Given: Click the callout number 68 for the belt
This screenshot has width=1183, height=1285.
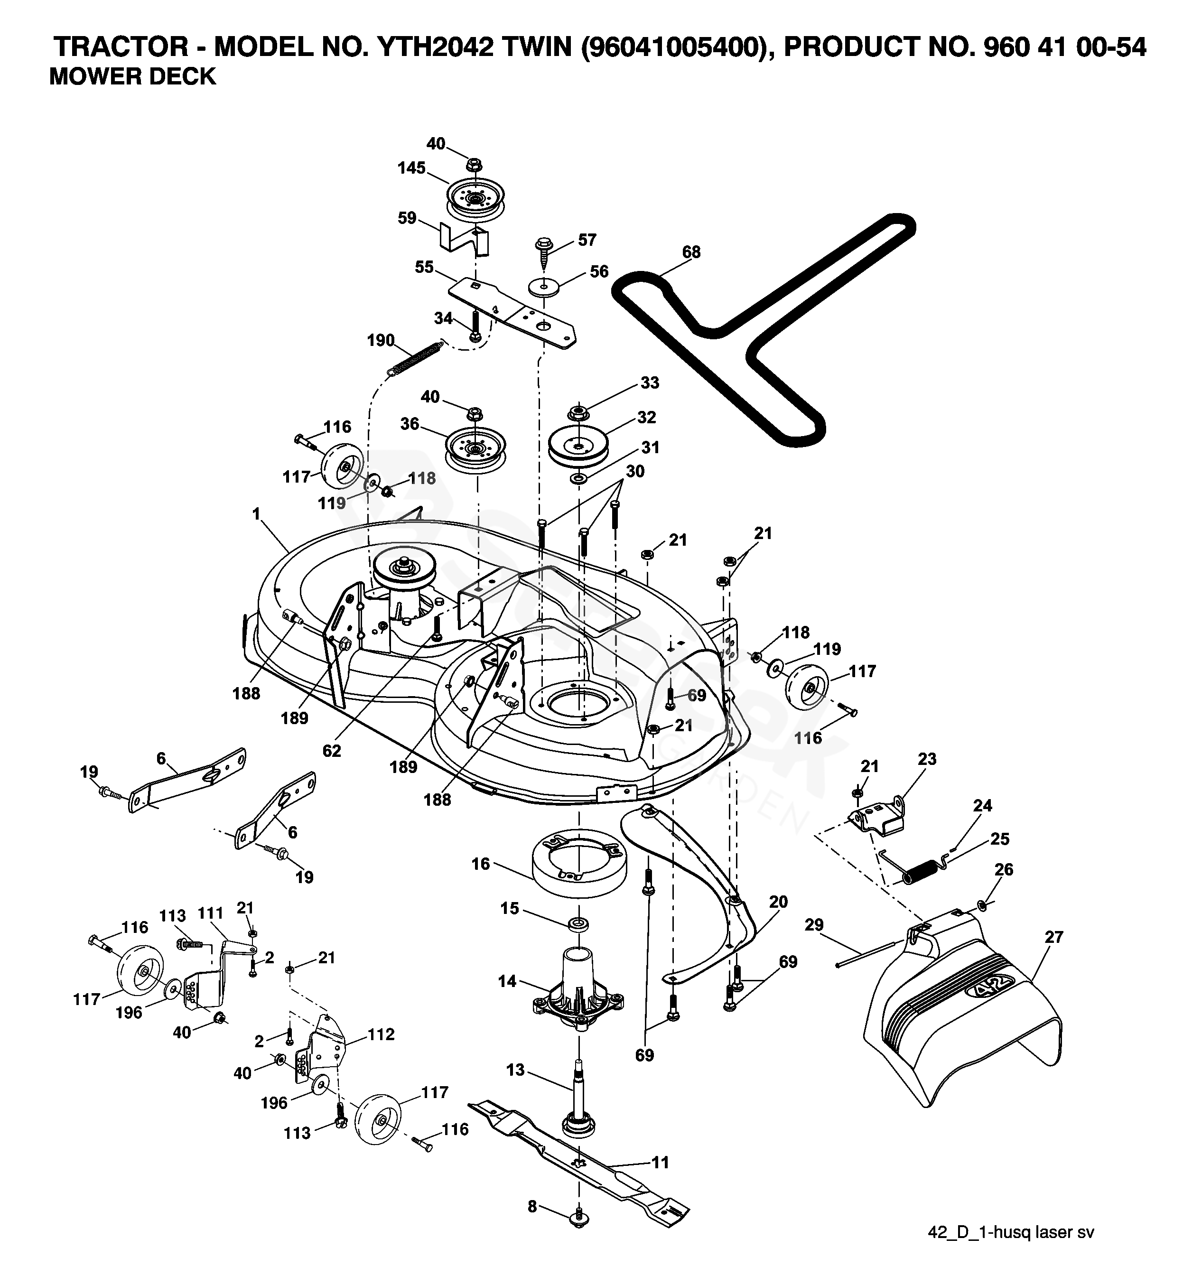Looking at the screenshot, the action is (691, 252).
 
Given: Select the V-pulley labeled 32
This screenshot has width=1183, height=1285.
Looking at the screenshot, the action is (578, 443).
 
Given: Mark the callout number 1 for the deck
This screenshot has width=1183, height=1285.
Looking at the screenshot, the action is (257, 513).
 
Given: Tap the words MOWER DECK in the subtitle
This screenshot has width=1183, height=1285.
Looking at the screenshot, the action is (132, 77).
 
